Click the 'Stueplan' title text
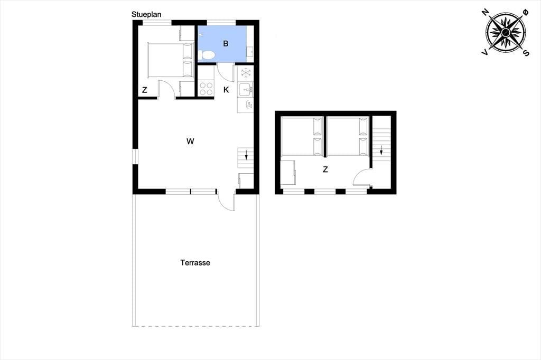click(146, 14)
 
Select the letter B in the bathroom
click(226, 43)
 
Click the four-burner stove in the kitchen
click(206, 88)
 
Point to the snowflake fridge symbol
click(246, 73)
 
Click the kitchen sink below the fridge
click(245, 90)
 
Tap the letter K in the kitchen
click(226, 90)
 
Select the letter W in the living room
click(190, 141)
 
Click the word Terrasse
click(195, 263)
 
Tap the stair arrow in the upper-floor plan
click(381, 150)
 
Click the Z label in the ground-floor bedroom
click(145, 90)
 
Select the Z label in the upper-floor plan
click(325, 169)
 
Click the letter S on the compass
click(526, 53)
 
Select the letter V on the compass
click(485, 52)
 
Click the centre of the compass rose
click(506, 32)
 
